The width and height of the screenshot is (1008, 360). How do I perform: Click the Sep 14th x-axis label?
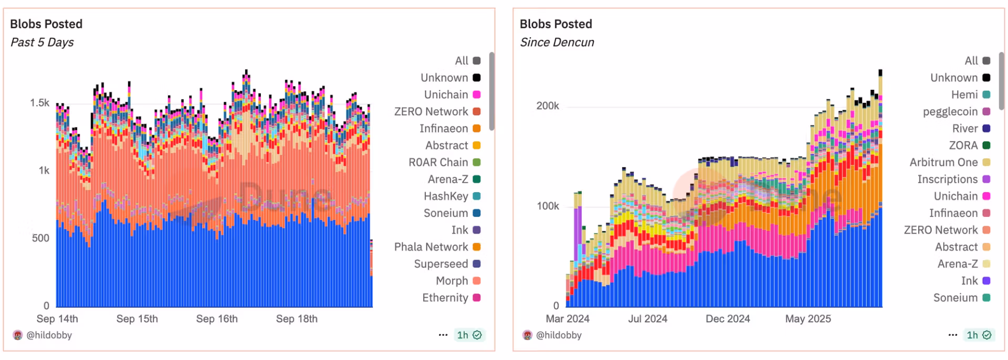coord(57,319)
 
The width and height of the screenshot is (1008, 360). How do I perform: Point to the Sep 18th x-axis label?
coord(297,319)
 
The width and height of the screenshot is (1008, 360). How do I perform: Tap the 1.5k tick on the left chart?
coord(39,103)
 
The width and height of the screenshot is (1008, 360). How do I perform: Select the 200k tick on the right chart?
coord(548,106)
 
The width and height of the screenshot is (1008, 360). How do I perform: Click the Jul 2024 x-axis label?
coord(647,319)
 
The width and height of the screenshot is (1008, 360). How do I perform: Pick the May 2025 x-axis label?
coord(808,319)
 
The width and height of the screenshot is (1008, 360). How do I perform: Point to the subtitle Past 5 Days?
coord(42,43)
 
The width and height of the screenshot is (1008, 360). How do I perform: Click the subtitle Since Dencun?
coord(557,43)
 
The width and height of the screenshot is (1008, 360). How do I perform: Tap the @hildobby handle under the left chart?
coord(49,335)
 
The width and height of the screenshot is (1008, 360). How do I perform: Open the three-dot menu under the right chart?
coord(953,335)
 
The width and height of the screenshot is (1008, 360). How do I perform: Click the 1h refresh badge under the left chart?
coord(469,335)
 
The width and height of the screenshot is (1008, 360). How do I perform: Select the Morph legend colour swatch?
coord(477,281)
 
